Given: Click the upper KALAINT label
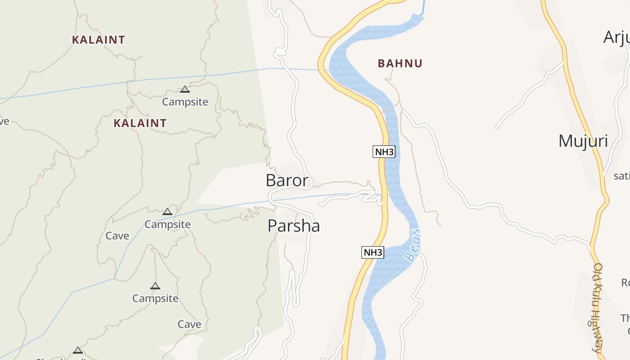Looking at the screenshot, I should [98, 40].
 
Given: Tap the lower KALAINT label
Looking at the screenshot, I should [140, 123].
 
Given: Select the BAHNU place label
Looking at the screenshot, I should [400, 63].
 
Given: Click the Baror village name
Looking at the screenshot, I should [287, 180].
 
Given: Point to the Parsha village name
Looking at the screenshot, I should [293, 225].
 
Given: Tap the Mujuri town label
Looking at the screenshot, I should [583, 141].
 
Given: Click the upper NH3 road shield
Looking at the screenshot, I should [384, 152].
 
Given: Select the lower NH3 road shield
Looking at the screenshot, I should [373, 252].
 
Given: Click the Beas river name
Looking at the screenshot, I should [413, 245].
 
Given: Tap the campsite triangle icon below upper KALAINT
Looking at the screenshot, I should [185, 89].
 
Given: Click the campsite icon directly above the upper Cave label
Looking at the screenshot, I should [167, 211].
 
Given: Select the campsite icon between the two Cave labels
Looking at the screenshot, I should [155, 286].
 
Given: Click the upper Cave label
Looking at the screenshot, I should [117, 236].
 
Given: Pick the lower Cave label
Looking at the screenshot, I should [189, 324].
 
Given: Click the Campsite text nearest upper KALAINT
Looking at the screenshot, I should [185, 102].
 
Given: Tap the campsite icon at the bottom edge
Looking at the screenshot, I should [78, 350].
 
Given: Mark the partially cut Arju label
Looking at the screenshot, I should [616, 37].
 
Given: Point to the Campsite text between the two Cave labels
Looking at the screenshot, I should [155, 298].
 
